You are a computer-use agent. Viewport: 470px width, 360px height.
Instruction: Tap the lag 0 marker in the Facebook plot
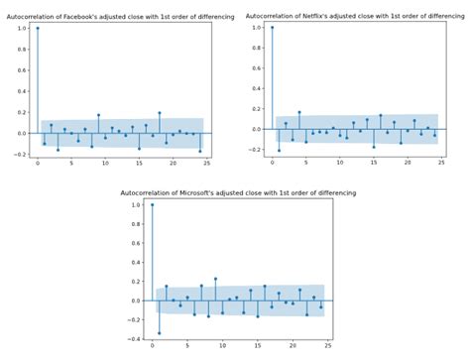point(38,28)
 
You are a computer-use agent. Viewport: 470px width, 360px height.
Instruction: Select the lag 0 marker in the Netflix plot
point(272,28)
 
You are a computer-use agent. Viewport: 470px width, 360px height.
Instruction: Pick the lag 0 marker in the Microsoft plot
point(152,204)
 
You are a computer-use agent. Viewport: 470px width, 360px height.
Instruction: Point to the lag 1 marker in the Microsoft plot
point(159,333)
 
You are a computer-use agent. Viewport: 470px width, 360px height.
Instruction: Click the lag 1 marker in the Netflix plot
point(279,150)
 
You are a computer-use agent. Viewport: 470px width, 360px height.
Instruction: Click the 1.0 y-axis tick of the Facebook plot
point(22,28)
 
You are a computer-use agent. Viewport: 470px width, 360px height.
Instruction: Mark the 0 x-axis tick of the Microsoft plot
point(152,345)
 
